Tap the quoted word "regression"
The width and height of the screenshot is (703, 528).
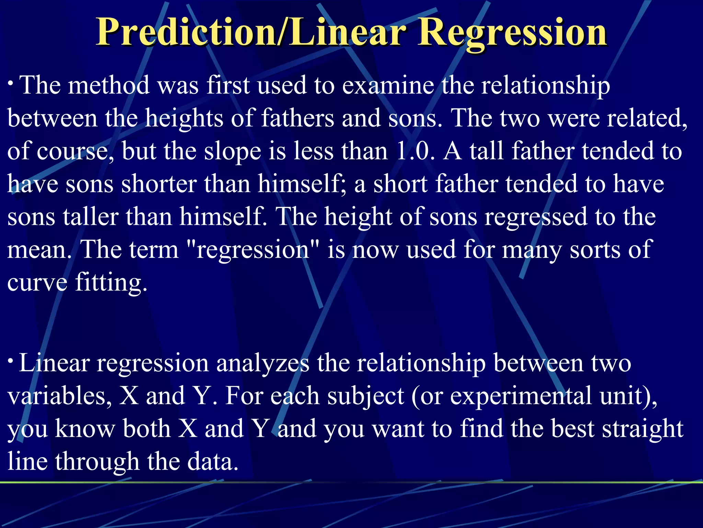(252, 250)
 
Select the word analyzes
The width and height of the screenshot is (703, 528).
(263, 364)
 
